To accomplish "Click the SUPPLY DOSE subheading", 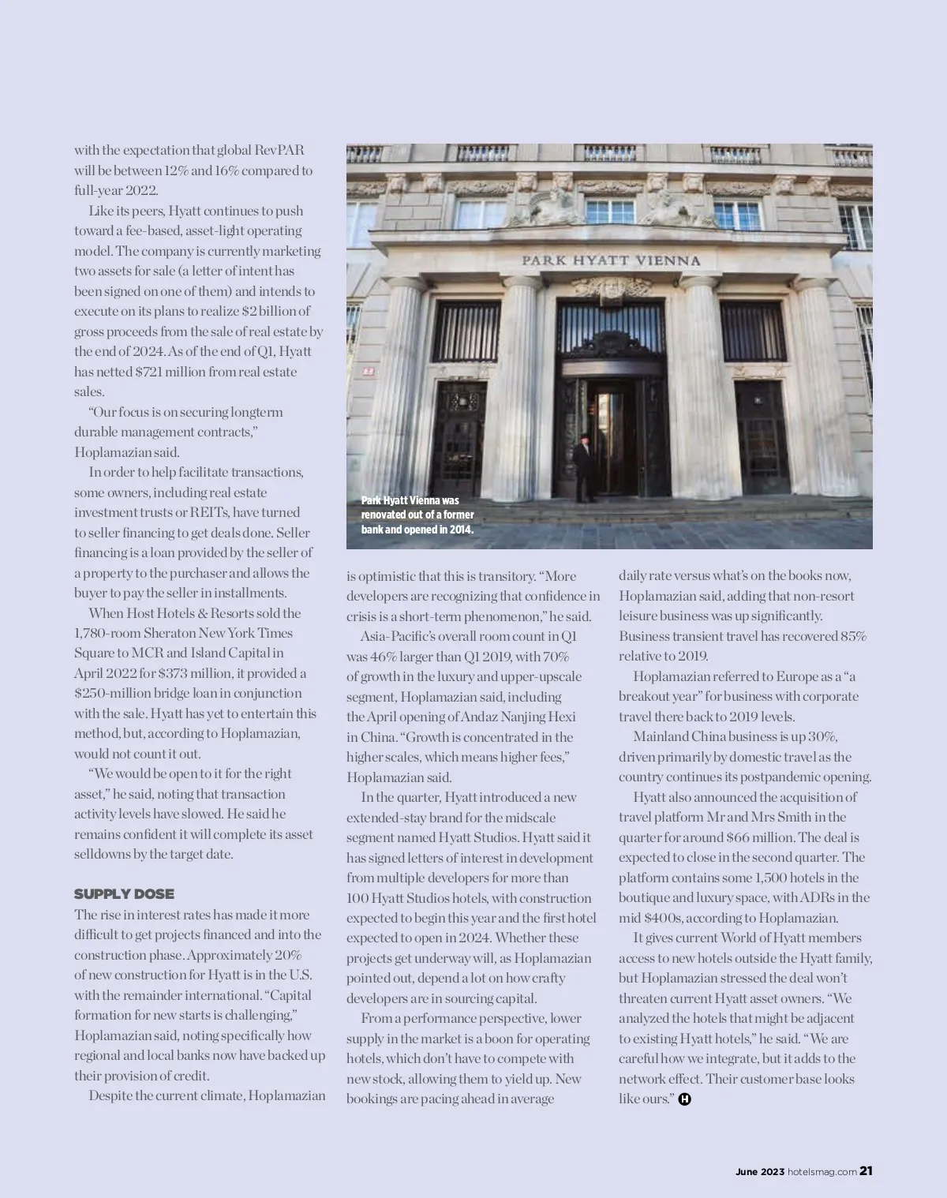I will [124, 894].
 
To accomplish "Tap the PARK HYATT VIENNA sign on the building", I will [611, 260].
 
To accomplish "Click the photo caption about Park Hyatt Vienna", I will [417, 515].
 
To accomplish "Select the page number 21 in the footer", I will [866, 1172].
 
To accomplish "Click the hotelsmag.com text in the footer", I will [822, 1172].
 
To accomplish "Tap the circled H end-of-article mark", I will [684, 1099].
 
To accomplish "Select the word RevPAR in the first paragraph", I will [280, 150].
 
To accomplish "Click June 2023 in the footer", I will [760, 1172].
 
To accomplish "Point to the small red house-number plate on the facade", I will [368, 370].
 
